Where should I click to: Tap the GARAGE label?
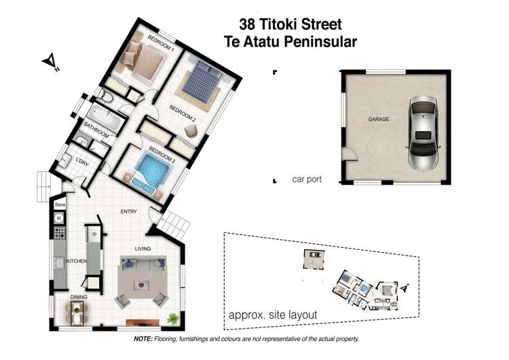tap(378, 119)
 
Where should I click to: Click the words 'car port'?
tap(306, 180)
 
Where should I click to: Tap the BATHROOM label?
tap(97, 127)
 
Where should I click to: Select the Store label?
tap(59, 204)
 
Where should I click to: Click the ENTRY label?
tap(129, 211)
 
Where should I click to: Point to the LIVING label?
tap(143, 249)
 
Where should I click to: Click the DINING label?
tap(79, 297)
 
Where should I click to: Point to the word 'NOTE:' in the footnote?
tap(143, 338)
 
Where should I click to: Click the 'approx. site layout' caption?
tap(273, 314)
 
